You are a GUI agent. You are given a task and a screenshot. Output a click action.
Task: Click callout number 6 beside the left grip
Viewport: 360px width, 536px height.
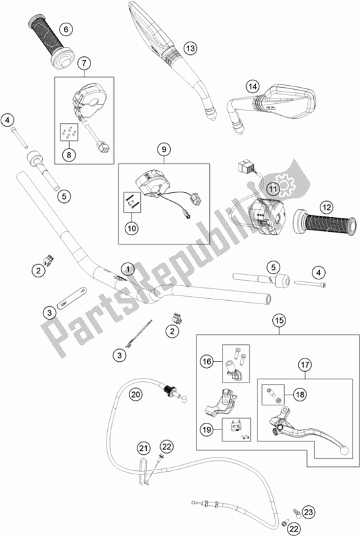pos(66,29)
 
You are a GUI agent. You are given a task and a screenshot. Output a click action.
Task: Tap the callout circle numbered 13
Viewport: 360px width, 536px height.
pos(190,48)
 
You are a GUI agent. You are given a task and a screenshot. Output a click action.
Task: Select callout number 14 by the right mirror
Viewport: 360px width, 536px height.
pos(253,86)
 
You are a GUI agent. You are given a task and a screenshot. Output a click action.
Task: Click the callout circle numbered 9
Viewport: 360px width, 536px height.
pos(164,149)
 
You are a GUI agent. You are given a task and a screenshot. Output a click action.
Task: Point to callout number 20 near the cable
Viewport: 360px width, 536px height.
pos(135,395)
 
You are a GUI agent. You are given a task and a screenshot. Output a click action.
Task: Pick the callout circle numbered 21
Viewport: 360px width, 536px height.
pos(144,448)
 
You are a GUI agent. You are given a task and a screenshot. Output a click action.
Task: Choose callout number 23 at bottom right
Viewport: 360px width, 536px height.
pos(308,512)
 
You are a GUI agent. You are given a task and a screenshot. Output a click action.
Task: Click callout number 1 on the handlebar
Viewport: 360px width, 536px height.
pos(128,269)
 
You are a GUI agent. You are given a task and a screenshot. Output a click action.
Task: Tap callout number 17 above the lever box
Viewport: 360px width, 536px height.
pos(305,364)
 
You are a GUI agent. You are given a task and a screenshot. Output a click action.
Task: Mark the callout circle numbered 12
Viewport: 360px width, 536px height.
pos(326,207)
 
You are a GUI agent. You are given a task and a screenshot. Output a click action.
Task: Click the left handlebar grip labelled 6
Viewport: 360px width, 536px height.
pos(50,41)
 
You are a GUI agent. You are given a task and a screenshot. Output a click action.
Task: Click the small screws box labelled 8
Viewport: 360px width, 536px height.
pos(70,132)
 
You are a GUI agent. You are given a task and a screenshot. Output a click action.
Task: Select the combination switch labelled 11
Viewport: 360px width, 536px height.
pos(267,216)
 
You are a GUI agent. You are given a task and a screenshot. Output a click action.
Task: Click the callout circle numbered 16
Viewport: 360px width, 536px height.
pos(207,361)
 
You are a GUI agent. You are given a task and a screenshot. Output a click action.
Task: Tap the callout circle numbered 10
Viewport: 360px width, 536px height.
pos(132,228)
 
